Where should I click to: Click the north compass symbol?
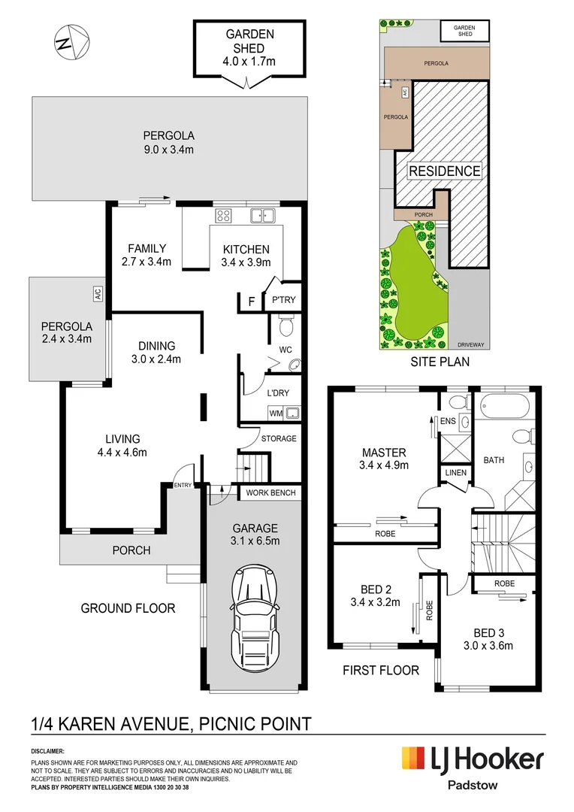(72, 42)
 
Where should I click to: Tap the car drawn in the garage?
(255, 618)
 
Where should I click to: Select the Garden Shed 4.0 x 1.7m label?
(249, 47)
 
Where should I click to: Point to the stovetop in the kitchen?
(223, 216)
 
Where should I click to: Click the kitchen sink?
(262, 216)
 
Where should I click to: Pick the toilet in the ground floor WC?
(285, 326)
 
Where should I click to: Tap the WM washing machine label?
(276, 414)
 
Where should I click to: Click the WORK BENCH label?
(270, 492)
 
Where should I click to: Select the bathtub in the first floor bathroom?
(505, 405)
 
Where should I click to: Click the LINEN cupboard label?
(455, 472)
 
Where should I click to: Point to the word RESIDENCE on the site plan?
(445, 171)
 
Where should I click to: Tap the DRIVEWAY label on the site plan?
(471, 345)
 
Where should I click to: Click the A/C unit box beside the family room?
(98, 294)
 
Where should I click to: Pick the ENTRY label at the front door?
(183, 485)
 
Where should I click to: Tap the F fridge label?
(252, 301)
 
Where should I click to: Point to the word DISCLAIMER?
(47, 751)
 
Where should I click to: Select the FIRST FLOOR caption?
(381, 670)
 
